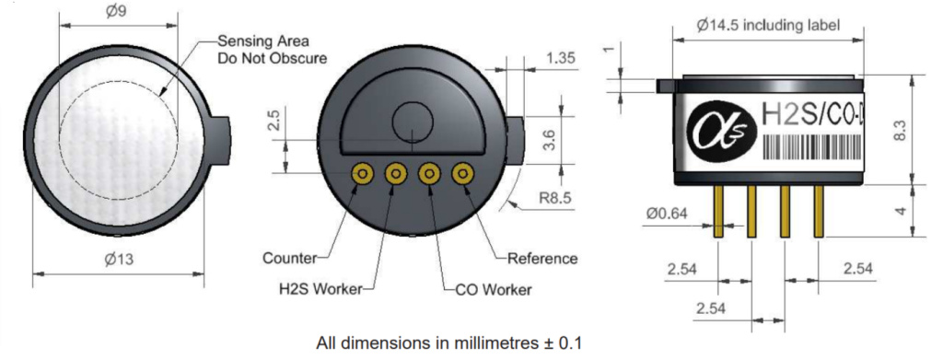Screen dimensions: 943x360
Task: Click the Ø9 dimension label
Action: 117,11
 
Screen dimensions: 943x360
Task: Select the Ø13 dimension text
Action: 119,260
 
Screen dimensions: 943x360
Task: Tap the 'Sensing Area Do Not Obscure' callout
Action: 273,50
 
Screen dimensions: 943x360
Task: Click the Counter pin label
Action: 289,259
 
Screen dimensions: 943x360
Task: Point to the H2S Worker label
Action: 320,289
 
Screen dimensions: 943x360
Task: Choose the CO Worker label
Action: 494,290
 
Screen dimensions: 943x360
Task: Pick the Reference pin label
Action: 542,259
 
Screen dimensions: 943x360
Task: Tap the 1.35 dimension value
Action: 560,58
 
